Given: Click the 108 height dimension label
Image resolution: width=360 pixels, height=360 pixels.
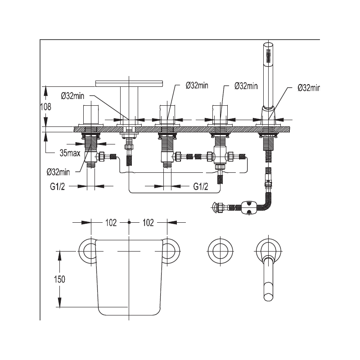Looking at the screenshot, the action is point(46,107).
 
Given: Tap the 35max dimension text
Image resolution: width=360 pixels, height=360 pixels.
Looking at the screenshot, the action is point(70,153).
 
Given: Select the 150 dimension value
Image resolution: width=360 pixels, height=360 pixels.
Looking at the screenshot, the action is point(59,279).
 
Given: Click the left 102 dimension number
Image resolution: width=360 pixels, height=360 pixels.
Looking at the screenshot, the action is point(111,223).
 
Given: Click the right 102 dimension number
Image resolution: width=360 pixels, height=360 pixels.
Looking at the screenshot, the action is point(148,223).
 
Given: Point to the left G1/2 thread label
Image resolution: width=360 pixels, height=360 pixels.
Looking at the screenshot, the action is point(58,187).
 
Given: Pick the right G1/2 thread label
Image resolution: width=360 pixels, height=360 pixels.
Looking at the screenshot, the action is point(201,187).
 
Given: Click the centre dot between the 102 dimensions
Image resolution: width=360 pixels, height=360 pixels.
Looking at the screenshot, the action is point(129,222).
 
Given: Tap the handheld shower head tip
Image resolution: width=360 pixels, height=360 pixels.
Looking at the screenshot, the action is point(268,44).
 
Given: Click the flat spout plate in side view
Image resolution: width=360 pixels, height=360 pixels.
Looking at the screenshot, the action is point(129,84).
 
